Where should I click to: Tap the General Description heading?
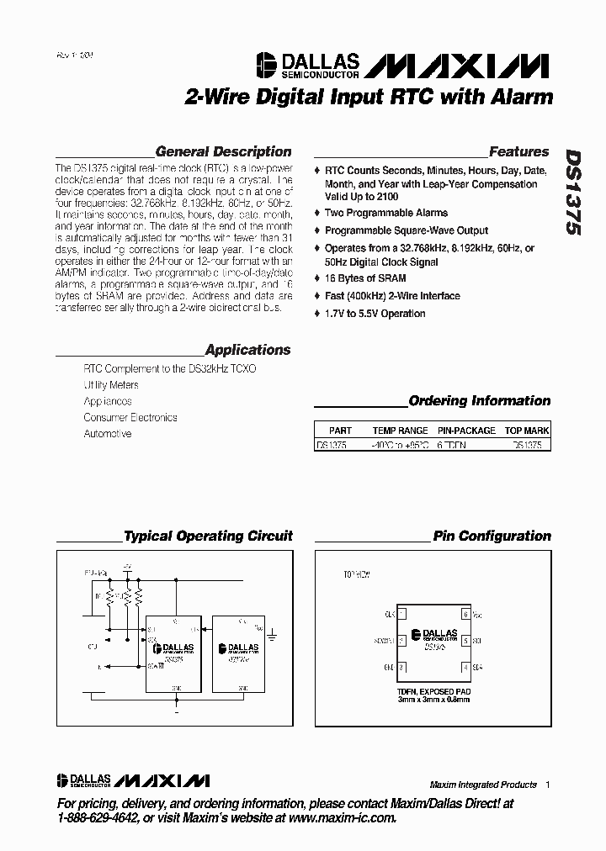224,152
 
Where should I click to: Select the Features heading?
518,152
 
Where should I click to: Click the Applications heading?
247,350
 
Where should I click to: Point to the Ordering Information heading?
479,401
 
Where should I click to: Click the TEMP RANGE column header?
400,431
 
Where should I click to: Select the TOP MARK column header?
527,431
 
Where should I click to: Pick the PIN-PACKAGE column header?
466,431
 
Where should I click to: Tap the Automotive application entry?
108,434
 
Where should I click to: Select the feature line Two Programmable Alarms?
386,213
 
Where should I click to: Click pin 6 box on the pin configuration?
465,615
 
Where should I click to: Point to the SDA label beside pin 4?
478,667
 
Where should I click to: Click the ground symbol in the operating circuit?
273,630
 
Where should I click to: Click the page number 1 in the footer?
547,785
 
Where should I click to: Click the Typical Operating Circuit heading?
208,536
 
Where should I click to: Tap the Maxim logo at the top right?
458,66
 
